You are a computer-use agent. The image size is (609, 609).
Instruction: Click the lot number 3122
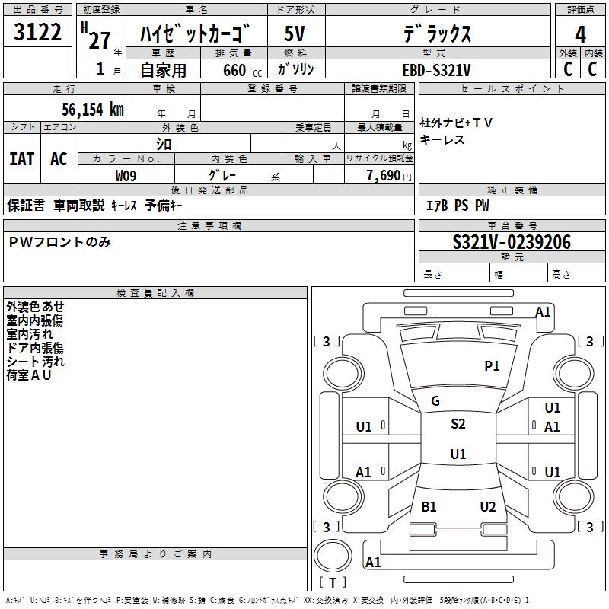(x=38, y=33)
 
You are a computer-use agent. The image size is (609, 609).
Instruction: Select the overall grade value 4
(x=580, y=34)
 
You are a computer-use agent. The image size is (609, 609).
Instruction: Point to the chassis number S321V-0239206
(x=511, y=242)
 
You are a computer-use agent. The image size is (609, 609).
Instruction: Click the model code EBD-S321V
(x=436, y=70)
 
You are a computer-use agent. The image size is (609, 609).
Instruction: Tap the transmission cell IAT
(x=22, y=159)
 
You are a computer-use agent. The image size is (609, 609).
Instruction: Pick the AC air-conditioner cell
(x=59, y=159)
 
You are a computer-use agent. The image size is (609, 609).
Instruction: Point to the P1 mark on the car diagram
(x=492, y=366)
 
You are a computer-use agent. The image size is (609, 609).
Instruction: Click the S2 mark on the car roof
(x=458, y=424)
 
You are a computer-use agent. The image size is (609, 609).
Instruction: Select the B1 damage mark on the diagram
(x=429, y=507)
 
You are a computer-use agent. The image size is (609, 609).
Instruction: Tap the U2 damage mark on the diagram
(x=488, y=507)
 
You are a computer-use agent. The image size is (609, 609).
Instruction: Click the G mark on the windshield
(x=435, y=401)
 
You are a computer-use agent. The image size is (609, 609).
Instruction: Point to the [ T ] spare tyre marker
(x=333, y=582)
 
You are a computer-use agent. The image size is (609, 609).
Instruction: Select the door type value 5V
(x=295, y=34)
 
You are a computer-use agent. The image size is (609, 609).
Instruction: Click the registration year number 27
(x=99, y=40)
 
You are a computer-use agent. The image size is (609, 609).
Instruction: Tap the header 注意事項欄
(x=209, y=226)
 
